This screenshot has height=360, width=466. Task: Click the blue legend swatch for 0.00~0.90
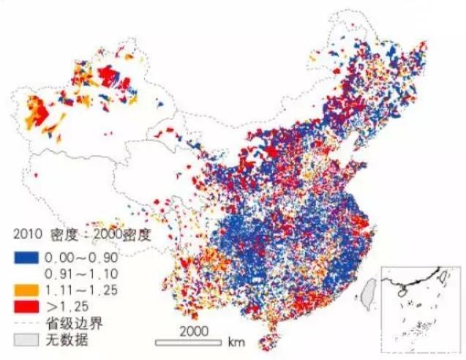coord(26,258)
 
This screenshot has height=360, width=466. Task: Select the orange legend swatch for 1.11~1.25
coord(26,289)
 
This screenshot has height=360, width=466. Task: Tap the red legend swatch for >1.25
coord(26,304)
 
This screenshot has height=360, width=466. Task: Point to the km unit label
coord(236,342)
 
